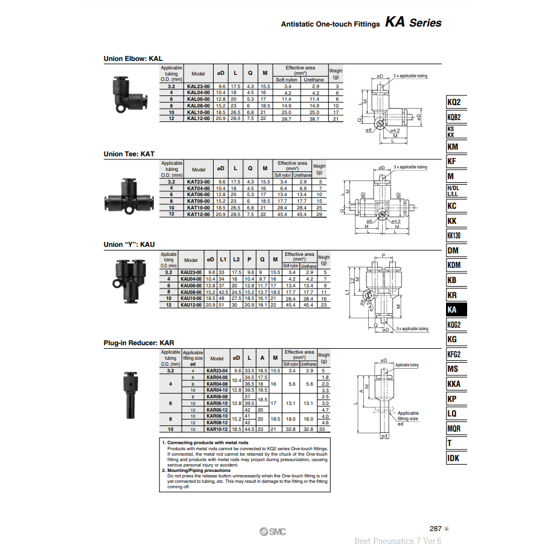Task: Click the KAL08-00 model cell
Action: point(199,106)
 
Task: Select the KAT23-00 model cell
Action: point(199,181)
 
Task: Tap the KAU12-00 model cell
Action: point(191,305)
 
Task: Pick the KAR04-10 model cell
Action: point(217,390)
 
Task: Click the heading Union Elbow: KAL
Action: point(133,59)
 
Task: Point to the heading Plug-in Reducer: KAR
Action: point(139,343)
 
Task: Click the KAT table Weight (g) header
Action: point(319,169)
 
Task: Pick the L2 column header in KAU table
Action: point(237,260)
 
